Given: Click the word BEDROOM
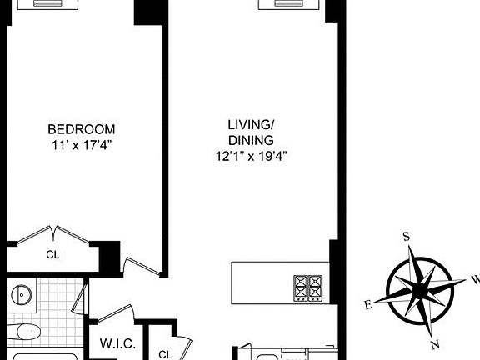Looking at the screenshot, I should [81, 129].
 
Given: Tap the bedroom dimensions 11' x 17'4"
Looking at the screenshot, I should [81, 144].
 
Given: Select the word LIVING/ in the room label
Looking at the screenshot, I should [251, 125].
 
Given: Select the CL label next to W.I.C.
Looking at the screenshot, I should [165, 352].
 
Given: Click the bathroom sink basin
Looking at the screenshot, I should [22, 294].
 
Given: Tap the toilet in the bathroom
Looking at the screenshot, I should [25, 332].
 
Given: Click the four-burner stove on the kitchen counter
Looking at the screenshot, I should [307, 287].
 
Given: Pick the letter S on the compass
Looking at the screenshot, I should [407, 237].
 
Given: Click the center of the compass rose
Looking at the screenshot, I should [421, 288].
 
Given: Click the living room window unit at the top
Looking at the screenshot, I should [291, 4].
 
